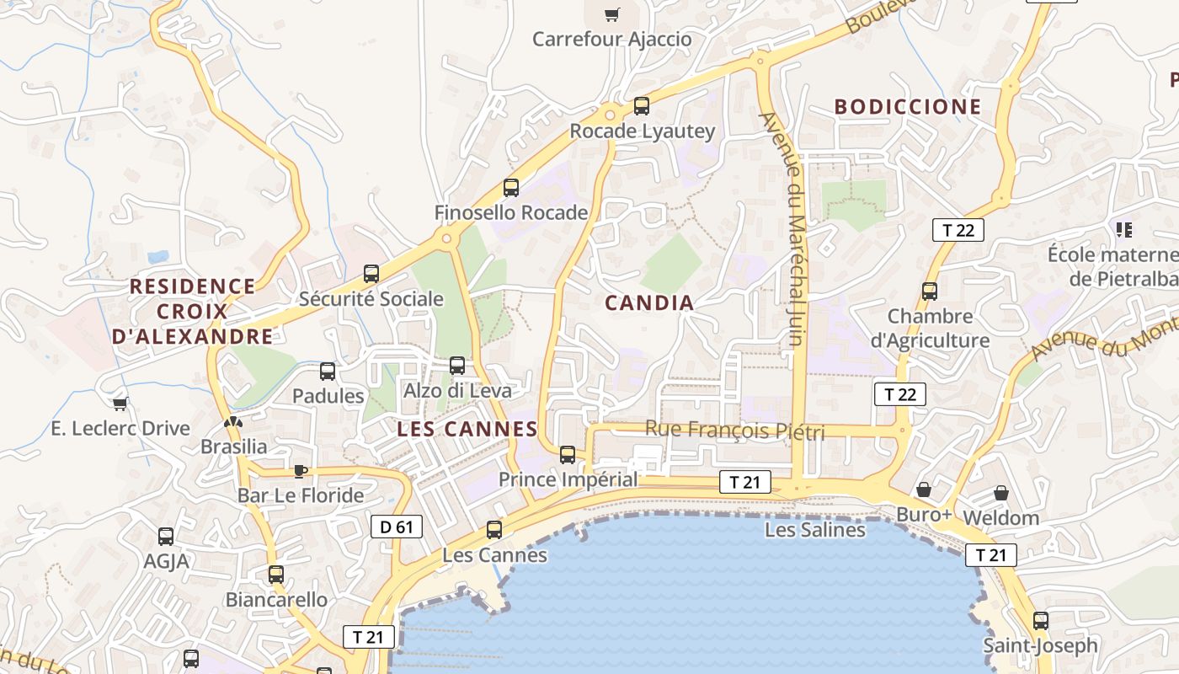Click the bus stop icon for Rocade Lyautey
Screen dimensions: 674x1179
pyautogui.click(x=642, y=106)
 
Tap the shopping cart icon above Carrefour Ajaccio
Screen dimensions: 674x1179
pyautogui.click(x=612, y=13)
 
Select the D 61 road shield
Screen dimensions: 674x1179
pyautogui.click(x=396, y=527)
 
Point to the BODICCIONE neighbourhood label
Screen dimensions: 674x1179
pyautogui.click(x=908, y=107)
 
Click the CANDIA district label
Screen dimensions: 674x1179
pyautogui.click(x=649, y=303)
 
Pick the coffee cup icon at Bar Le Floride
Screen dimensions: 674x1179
pyautogui.click(x=300, y=470)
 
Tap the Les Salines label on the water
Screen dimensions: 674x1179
pyautogui.click(x=814, y=530)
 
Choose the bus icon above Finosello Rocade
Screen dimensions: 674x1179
pyautogui.click(x=511, y=188)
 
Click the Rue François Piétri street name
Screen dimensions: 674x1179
pyautogui.click(x=734, y=431)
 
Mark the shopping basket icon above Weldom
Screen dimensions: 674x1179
pyautogui.click(x=1001, y=492)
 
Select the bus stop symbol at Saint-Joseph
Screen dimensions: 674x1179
pyautogui.click(x=1041, y=621)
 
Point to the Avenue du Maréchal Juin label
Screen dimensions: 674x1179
pyautogui.click(x=792, y=229)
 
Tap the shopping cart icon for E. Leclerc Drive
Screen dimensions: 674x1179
pyautogui.click(x=120, y=404)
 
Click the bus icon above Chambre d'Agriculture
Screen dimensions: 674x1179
pyautogui.click(x=930, y=292)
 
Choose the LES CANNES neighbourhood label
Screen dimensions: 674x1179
pyautogui.click(x=467, y=429)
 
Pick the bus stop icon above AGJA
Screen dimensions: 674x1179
pyautogui.click(x=166, y=537)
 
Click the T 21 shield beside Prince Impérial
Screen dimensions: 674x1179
pyautogui.click(x=745, y=482)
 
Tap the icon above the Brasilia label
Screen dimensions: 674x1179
pyautogui.click(x=233, y=421)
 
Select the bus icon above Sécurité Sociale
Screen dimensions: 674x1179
pyautogui.click(x=371, y=274)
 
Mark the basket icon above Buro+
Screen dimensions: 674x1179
pyautogui.click(x=924, y=489)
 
